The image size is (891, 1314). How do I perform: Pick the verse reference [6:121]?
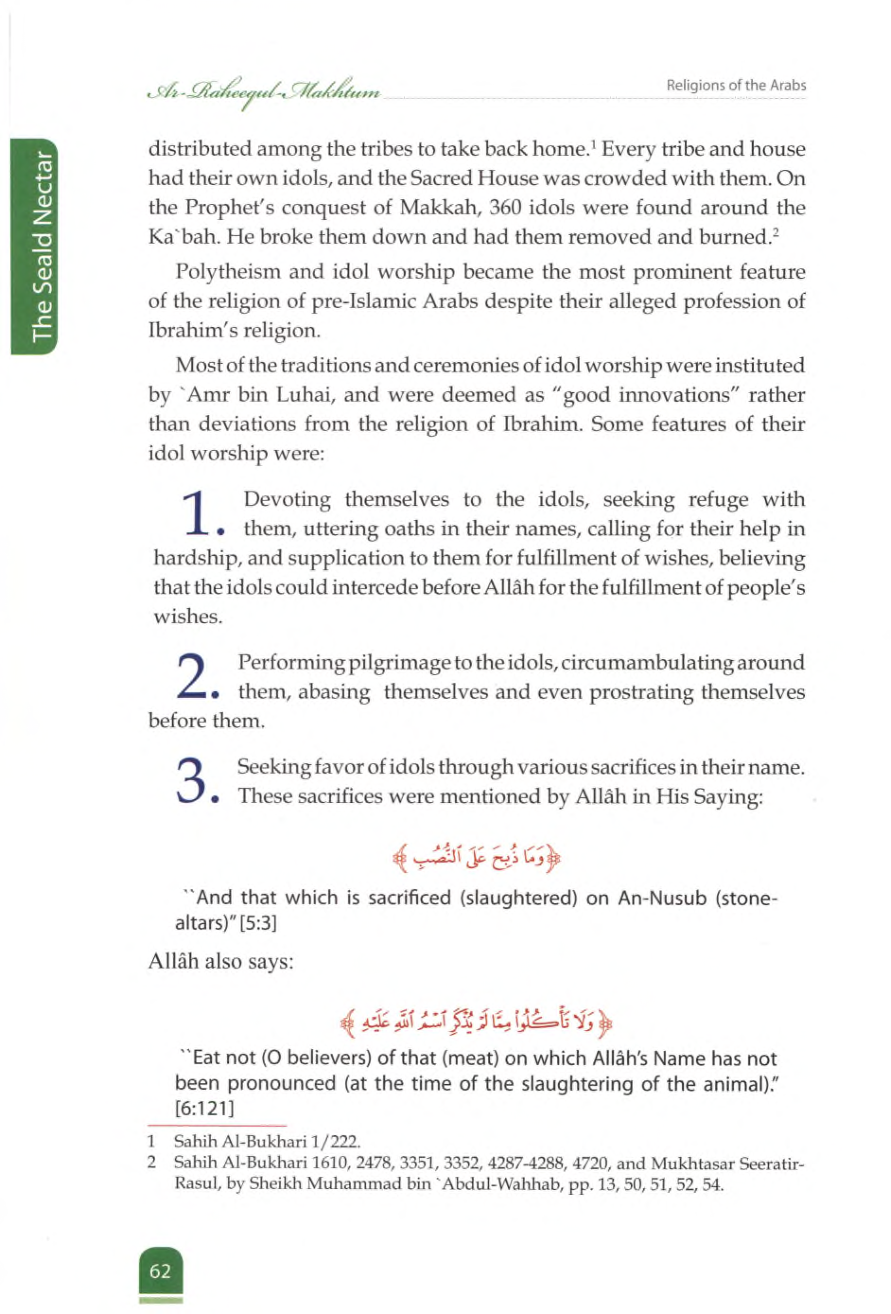pos(204,1109)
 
